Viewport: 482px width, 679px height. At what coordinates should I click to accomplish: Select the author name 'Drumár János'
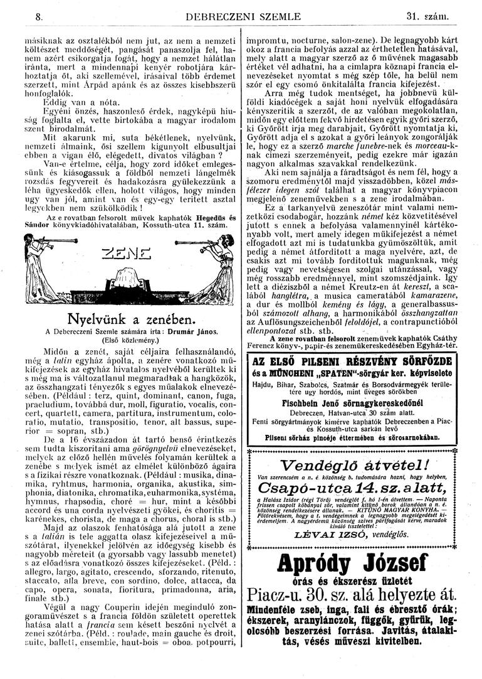pyautogui.click(x=196, y=331)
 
